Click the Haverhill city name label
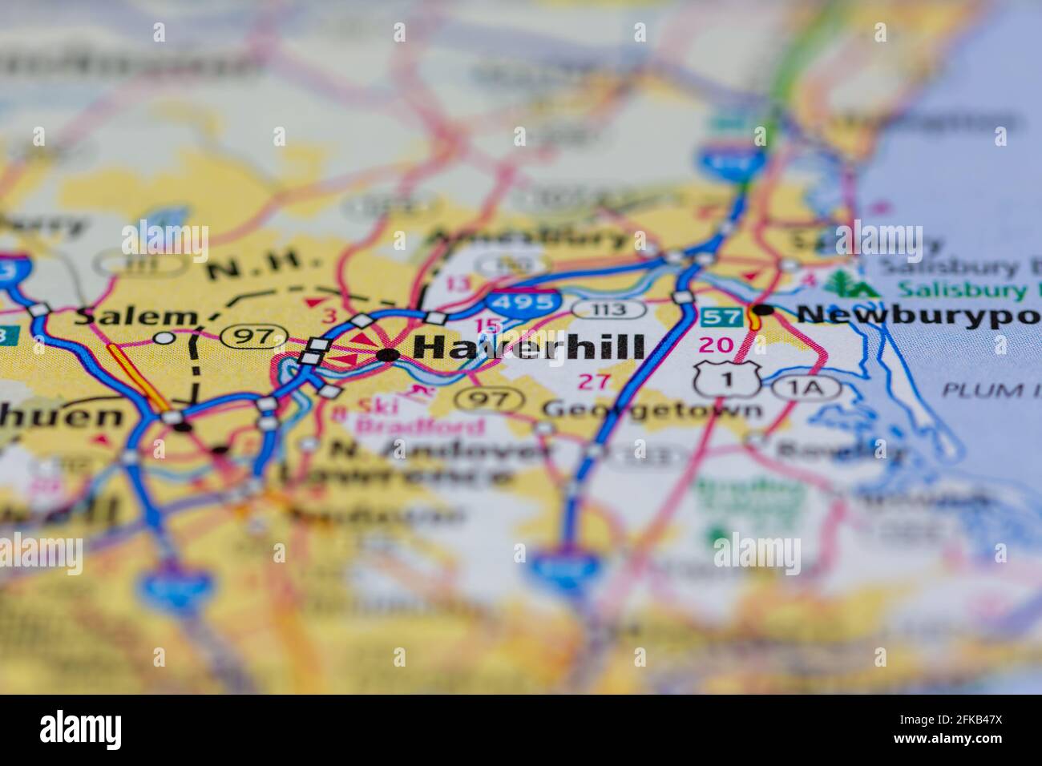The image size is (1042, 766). [x=529, y=348]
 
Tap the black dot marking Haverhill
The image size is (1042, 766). [x=388, y=354]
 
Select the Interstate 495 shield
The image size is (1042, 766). [x=522, y=302]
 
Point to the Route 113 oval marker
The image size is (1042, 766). [x=609, y=310]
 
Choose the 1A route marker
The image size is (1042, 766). [x=807, y=389]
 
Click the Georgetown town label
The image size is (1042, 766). [x=652, y=409]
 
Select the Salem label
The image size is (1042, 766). [x=135, y=316]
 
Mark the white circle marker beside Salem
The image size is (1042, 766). [x=164, y=338]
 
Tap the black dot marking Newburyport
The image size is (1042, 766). [x=763, y=309]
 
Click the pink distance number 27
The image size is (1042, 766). [x=595, y=381]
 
